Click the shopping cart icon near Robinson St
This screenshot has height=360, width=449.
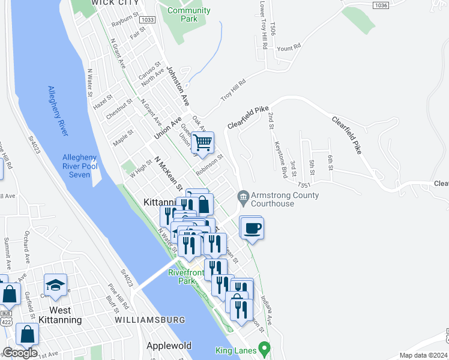(x=203, y=143)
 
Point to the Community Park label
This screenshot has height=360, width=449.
(x=188, y=14)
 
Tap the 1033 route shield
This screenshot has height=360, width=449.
(x=148, y=20)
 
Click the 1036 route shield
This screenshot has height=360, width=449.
(x=380, y=5)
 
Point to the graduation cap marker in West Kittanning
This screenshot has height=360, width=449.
(x=55, y=285)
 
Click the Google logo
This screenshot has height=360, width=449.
(x=20, y=353)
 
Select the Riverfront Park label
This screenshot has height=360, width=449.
(x=186, y=277)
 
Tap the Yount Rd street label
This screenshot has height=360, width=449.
(x=288, y=48)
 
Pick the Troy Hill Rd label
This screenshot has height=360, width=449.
(x=234, y=91)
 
